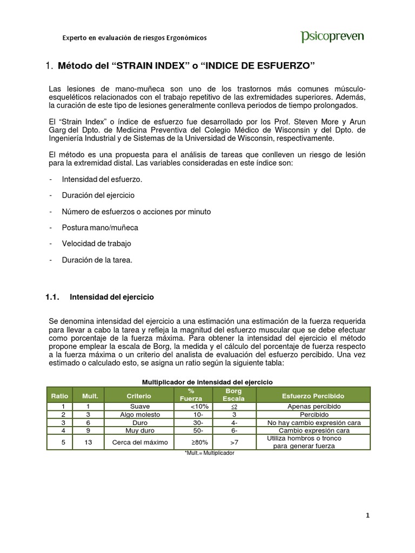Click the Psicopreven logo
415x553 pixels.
click(x=332, y=37)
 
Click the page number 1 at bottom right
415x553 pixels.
click(x=367, y=516)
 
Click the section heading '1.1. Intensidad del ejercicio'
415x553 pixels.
click(x=100, y=297)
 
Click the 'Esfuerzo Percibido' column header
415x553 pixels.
click(x=313, y=396)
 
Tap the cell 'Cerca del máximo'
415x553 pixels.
click(x=139, y=442)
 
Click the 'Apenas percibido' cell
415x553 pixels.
click(x=313, y=406)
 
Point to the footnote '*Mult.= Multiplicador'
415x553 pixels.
click(x=209, y=453)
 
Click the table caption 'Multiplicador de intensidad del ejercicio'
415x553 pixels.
click(x=207, y=382)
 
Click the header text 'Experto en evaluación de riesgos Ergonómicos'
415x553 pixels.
click(x=134, y=38)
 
